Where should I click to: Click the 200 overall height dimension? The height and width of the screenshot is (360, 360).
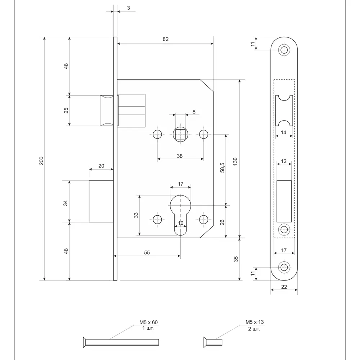click(x=41, y=161)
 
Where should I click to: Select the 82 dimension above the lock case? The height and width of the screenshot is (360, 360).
click(x=165, y=39)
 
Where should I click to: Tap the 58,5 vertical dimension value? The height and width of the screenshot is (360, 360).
click(x=222, y=168)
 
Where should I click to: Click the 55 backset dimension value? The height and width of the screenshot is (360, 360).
click(x=147, y=253)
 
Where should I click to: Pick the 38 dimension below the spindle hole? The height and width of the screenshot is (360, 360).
click(x=180, y=156)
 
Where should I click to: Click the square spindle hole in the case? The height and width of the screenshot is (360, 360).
click(x=180, y=134)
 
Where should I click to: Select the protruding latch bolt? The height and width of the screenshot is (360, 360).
click(x=107, y=111)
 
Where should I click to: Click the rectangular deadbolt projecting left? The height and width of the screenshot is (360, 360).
click(x=101, y=201)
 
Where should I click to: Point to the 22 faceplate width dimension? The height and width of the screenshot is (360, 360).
click(x=284, y=287)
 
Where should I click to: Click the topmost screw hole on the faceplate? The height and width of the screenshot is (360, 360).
click(x=284, y=50)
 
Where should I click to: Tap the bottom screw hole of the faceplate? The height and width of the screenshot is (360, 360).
click(x=284, y=267)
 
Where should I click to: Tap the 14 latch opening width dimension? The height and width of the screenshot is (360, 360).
click(x=284, y=133)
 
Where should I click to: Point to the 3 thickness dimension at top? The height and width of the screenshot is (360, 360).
click(x=129, y=8)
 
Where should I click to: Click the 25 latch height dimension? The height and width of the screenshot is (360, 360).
click(x=66, y=111)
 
